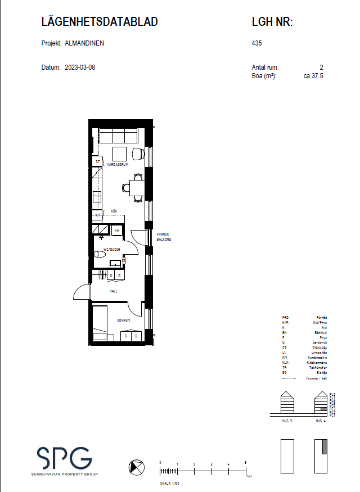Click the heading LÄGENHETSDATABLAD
tap(100, 22)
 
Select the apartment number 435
tap(258, 43)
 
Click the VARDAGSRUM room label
tap(118, 165)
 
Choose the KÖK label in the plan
tap(114, 211)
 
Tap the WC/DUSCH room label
tap(112, 249)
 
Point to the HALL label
tap(113, 291)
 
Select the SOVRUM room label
tap(124, 320)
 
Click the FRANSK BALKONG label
tap(163, 237)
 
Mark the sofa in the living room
tap(118, 136)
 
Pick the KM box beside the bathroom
tap(117, 231)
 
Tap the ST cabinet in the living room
tap(98, 162)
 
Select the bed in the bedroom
tap(100, 323)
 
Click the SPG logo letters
tap(65, 458)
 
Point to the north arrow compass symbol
tap(136, 467)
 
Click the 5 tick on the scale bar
tap(246, 463)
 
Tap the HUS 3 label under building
tap(286, 421)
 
